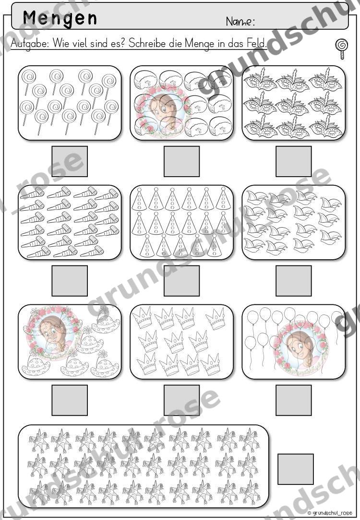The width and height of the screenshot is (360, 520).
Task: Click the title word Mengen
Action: (x=60, y=18)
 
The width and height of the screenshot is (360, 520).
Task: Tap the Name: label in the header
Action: (x=240, y=22)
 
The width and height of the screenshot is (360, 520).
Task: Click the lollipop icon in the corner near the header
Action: (x=341, y=49)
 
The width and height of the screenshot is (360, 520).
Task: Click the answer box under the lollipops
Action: (x=70, y=161)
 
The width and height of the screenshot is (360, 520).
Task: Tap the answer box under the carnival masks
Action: (x=294, y=161)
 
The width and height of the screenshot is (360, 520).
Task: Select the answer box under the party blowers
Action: (x=70, y=281)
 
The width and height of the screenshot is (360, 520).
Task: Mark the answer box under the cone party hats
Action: (x=181, y=281)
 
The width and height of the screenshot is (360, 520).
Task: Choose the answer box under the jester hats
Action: (x=294, y=281)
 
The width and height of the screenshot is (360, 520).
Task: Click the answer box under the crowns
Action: (x=181, y=400)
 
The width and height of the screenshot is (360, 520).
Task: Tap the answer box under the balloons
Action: (x=294, y=400)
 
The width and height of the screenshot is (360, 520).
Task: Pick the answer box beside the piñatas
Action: (x=295, y=469)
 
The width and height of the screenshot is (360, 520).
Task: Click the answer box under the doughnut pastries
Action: (x=181, y=161)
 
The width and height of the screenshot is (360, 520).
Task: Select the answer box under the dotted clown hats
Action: (x=70, y=400)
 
